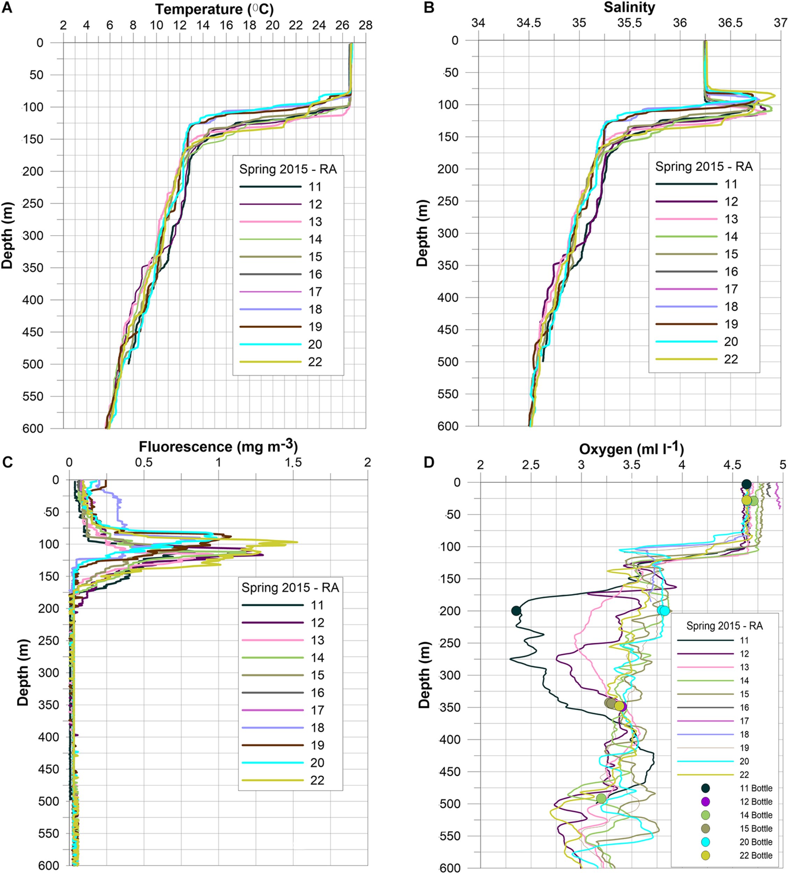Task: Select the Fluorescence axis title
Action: click(x=218, y=446)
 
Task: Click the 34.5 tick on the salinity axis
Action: click(x=529, y=23)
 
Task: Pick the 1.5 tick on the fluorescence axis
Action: click(x=293, y=462)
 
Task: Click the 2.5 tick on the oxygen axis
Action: click(x=530, y=465)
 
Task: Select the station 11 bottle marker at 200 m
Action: click(x=516, y=610)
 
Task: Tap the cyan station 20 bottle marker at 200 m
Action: click(x=664, y=610)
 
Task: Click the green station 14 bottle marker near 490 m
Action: click(x=601, y=798)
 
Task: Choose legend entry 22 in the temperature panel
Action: click(x=315, y=361)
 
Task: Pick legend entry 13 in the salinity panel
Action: click(x=731, y=219)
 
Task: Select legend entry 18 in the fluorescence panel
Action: click(x=317, y=728)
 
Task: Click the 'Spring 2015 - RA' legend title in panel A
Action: click(x=288, y=169)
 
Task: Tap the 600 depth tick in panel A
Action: click(x=33, y=428)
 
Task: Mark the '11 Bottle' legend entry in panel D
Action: click(x=756, y=788)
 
